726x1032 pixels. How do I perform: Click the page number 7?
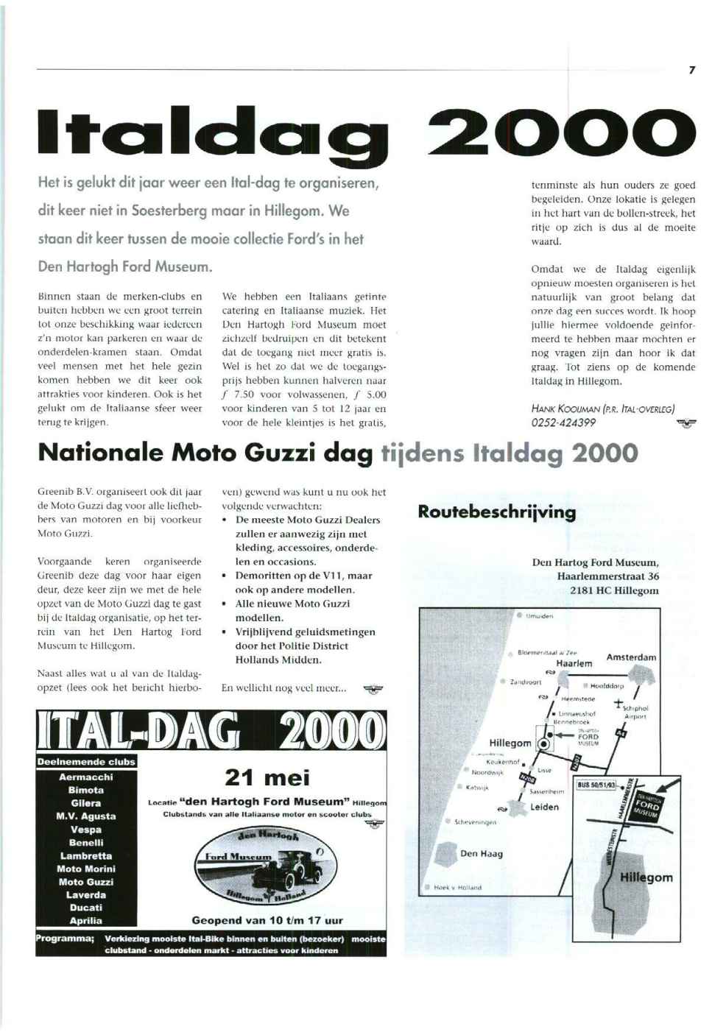[x=691, y=70]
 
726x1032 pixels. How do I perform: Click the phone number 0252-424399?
[x=563, y=423]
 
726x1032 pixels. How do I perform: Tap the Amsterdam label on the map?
[x=631, y=657]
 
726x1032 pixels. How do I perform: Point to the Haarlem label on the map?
[x=574, y=663]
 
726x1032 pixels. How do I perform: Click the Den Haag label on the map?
[x=481, y=854]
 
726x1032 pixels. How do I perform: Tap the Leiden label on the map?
[x=544, y=807]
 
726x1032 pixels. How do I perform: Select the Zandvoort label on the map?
[x=525, y=682]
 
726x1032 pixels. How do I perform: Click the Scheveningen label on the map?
[x=475, y=822]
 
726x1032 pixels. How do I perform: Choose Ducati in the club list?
[x=86, y=908]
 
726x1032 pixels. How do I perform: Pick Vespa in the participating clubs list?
[x=86, y=830]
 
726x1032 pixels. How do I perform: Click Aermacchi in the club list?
[x=86, y=777]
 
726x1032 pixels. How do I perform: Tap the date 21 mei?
[x=267, y=777]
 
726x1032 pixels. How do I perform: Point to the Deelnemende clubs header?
[x=86, y=762]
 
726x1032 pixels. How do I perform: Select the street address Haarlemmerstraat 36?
[x=607, y=576]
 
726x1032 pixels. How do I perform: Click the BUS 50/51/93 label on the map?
[x=596, y=785]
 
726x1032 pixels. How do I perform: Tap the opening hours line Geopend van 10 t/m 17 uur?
[x=267, y=920]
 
